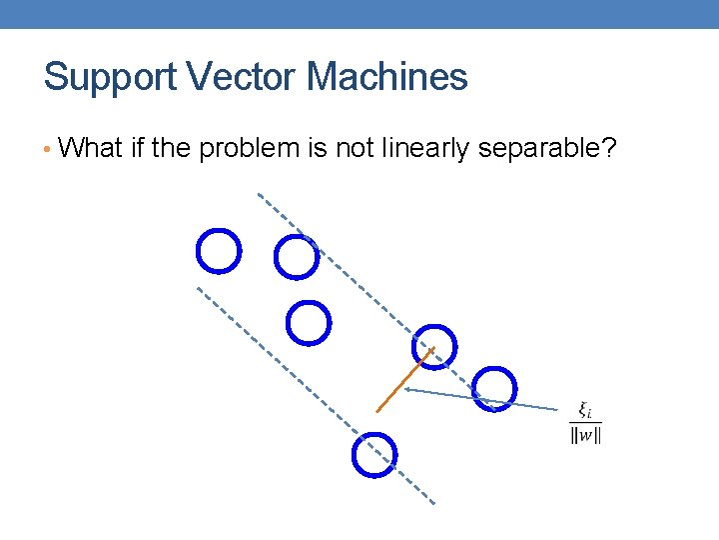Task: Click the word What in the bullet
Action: (x=90, y=149)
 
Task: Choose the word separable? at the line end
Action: (x=559, y=149)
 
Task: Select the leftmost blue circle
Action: (x=219, y=250)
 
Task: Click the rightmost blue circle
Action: (x=495, y=388)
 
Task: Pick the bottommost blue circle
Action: (x=374, y=454)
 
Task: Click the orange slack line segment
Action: (x=404, y=380)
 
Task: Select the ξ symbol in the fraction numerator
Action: (x=584, y=410)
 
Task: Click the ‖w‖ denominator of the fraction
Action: (x=585, y=435)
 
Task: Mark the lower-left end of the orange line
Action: (x=376, y=411)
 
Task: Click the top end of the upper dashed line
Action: (x=259, y=193)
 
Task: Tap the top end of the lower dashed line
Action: (x=197, y=288)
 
